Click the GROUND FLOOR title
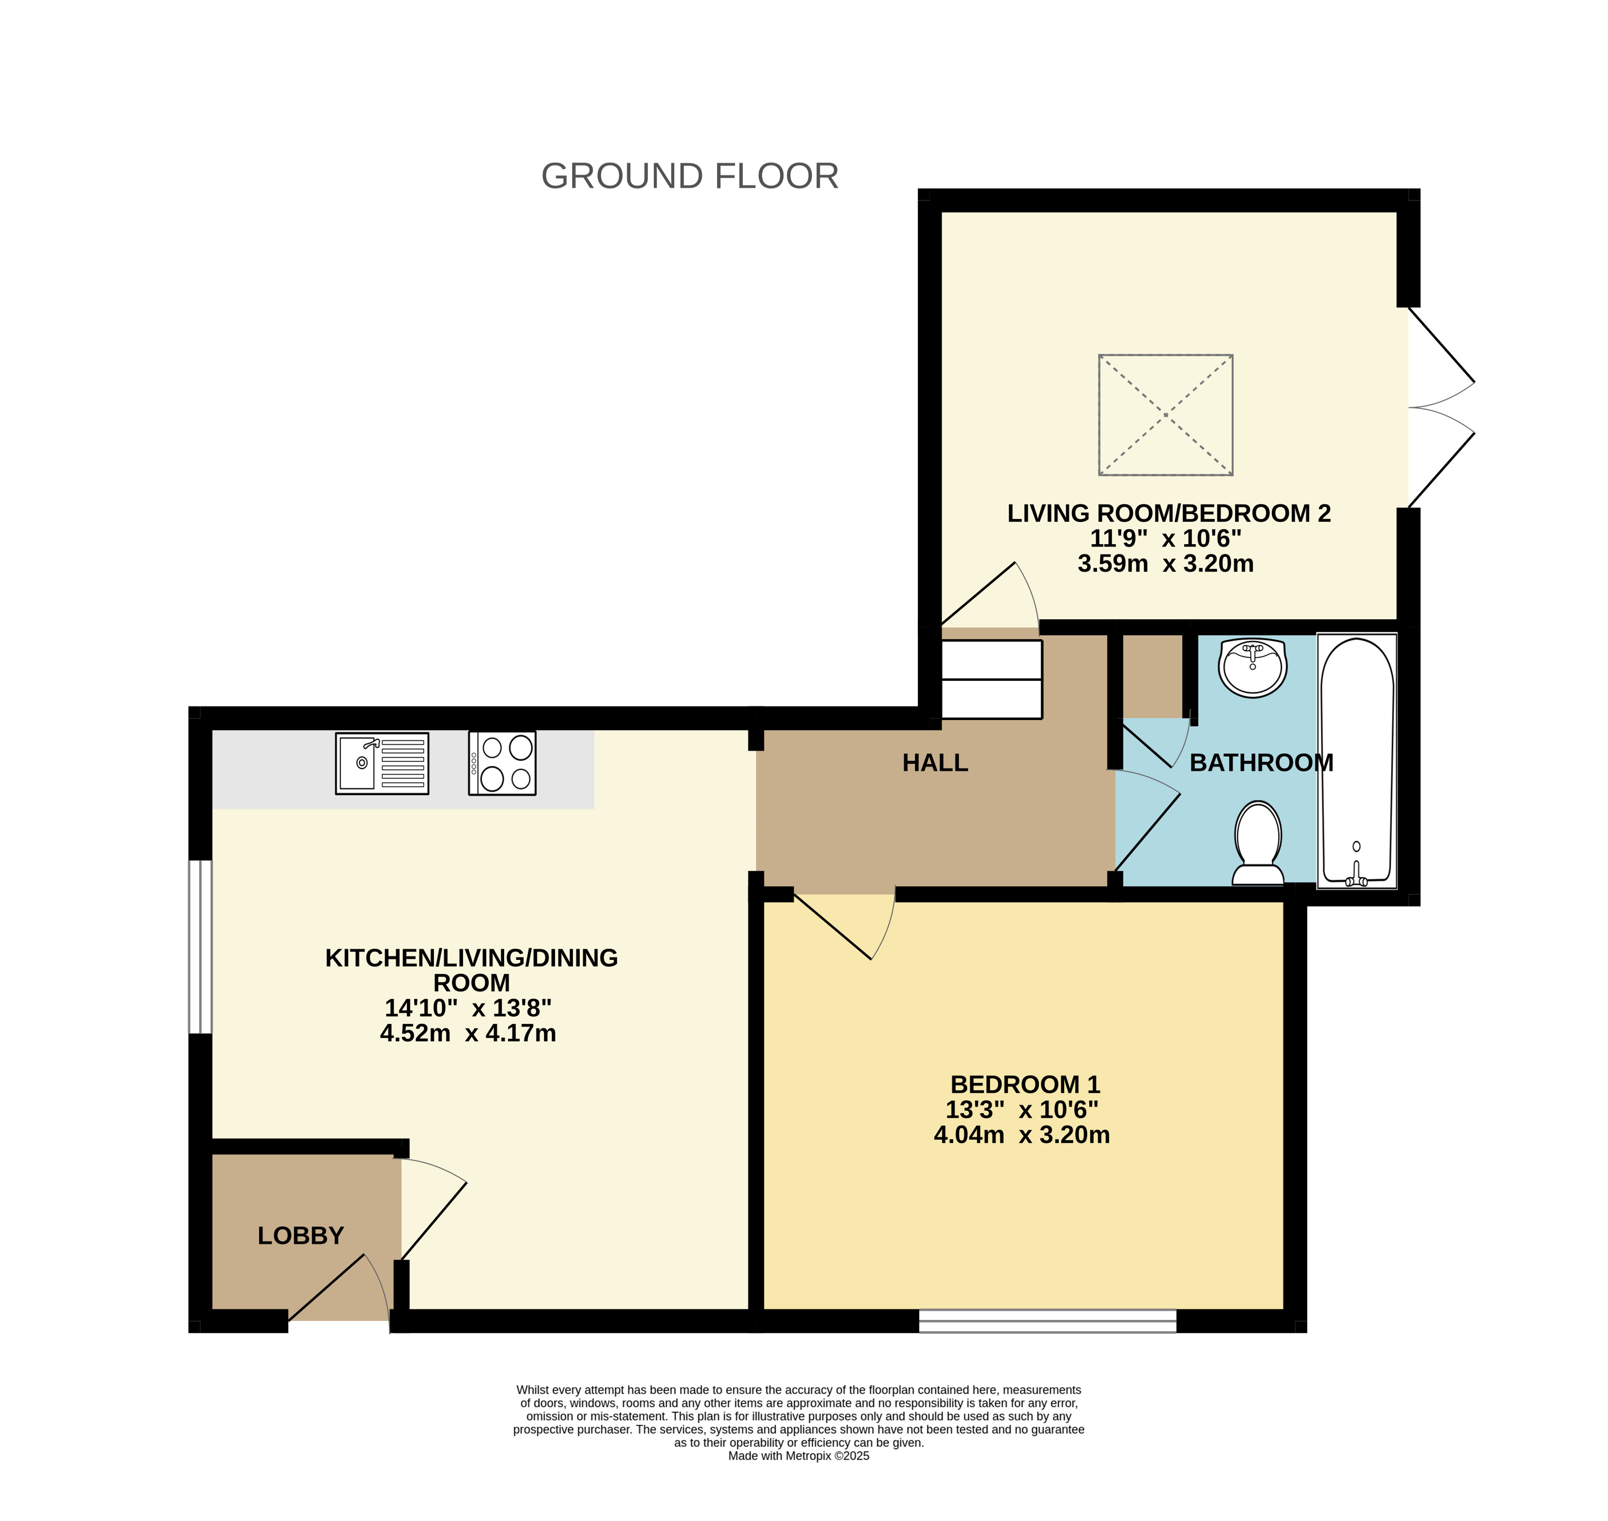click(x=690, y=176)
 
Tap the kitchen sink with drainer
click(x=382, y=763)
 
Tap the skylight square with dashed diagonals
click(x=1165, y=414)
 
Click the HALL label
click(x=935, y=763)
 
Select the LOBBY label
click(x=301, y=1235)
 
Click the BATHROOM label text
click(x=1261, y=763)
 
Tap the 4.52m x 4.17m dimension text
click(x=467, y=1033)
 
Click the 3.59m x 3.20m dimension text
click(x=1165, y=563)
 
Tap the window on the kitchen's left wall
click(x=200, y=947)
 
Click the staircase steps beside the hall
click(x=991, y=679)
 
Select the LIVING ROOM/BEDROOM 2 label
click(x=1169, y=513)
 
